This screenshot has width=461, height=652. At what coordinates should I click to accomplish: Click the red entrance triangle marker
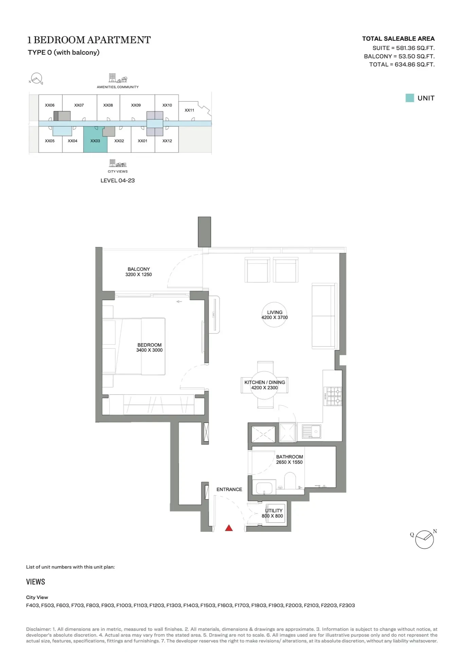(229, 528)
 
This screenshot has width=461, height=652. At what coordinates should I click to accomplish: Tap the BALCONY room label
(139, 269)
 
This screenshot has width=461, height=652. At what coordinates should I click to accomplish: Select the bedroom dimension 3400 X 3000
(149, 350)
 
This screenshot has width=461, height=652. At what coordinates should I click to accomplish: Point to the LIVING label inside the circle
(274, 312)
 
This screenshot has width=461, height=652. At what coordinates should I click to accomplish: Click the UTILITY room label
(274, 510)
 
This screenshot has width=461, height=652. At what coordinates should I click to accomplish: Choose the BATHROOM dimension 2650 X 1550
(289, 462)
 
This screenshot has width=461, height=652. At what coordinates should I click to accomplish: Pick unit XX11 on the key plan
(189, 110)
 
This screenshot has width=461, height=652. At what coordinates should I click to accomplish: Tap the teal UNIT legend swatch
(410, 98)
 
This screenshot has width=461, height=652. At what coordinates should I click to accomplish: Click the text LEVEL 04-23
(118, 181)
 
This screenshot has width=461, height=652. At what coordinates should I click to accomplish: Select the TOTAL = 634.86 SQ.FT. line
(402, 65)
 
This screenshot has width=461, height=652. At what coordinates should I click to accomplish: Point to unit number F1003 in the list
(124, 605)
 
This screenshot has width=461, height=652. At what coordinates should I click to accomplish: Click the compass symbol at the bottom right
(424, 540)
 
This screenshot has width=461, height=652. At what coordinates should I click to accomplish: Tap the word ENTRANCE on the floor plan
(229, 489)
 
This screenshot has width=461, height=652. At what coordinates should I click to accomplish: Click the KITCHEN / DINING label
(265, 382)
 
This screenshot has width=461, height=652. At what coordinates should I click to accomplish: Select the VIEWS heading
(36, 582)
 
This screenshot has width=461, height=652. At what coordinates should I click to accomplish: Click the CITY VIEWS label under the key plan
(118, 171)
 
